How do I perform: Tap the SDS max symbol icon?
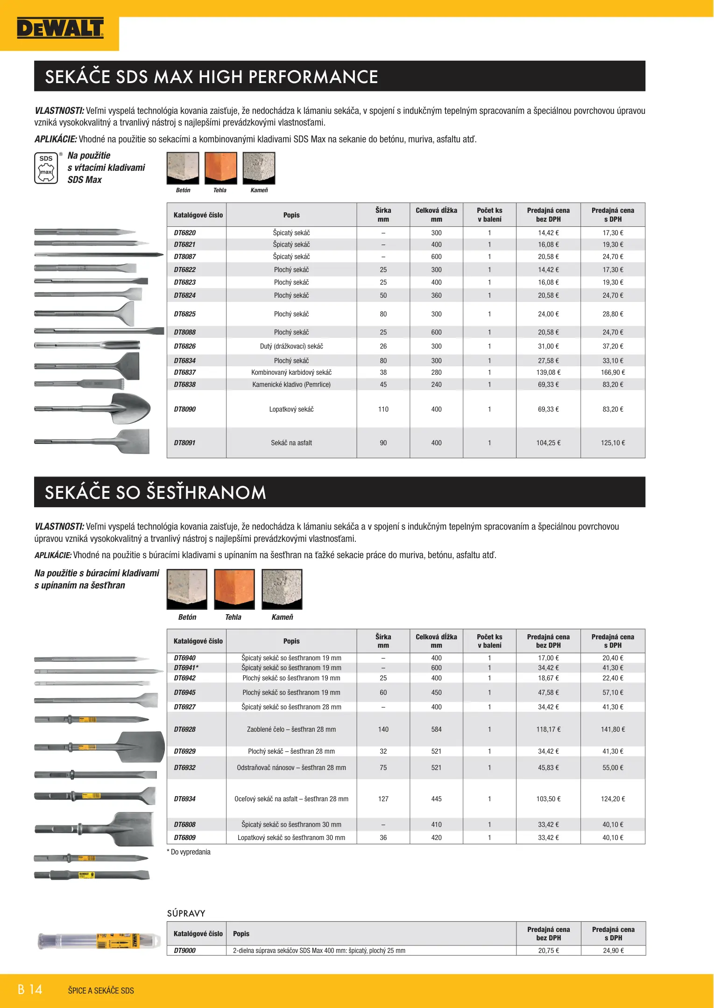pyautogui.click(x=46, y=168)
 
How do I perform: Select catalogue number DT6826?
pyautogui.click(x=185, y=346)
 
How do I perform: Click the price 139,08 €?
pyautogui.click(x=548, y=372)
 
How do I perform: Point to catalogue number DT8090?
pyautogui.click(x=185, y=409)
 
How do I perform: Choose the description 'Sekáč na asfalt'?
pyautogui.click(x=291, y=443)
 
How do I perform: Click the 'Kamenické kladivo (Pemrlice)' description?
pyautogui.click(x=291, y=385)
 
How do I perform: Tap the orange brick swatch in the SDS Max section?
pyautogui.click(x=221, y=168)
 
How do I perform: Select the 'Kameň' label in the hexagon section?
pyautogui.click(x=282, y=617)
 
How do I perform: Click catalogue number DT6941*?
pyautogui.click(x=186, y=668)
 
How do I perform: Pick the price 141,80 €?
pyautogui.click(x=613, y=729)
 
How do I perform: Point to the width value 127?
pyautogui.click(x=383, y=799)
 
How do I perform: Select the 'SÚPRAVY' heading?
pyautogui.click(x=186, y=913)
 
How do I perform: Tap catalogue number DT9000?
pyautogui.click(x=185, y=951)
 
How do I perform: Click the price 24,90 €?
pyautogui.click(x=613, y=951)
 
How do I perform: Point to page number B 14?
pyautogui.click(x=30, y=989)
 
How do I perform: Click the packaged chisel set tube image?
pyautogui.click(x=99, y=941)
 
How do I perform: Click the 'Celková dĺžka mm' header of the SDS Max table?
pyautogui.click(x=436, y=215)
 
